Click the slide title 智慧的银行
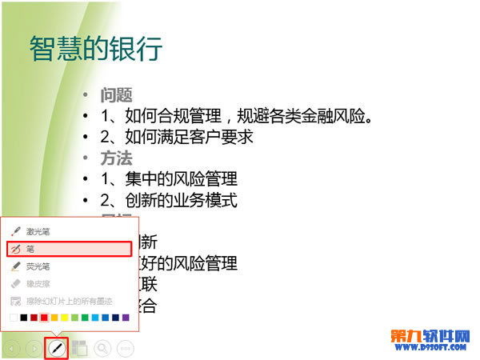[x=96, y=49]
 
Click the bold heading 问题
[x=116, y=95]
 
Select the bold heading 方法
[x=116, y=158]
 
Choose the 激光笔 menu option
[x=38, y=231]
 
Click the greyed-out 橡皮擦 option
[x=38, y=283]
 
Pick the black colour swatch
[x=24, y=318]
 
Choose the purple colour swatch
[x=126, y=318]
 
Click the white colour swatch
[x=14, y=318]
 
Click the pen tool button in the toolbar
[x=56, y=348]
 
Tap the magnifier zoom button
[x=102, y=348]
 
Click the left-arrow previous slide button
[x=12, y=348]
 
